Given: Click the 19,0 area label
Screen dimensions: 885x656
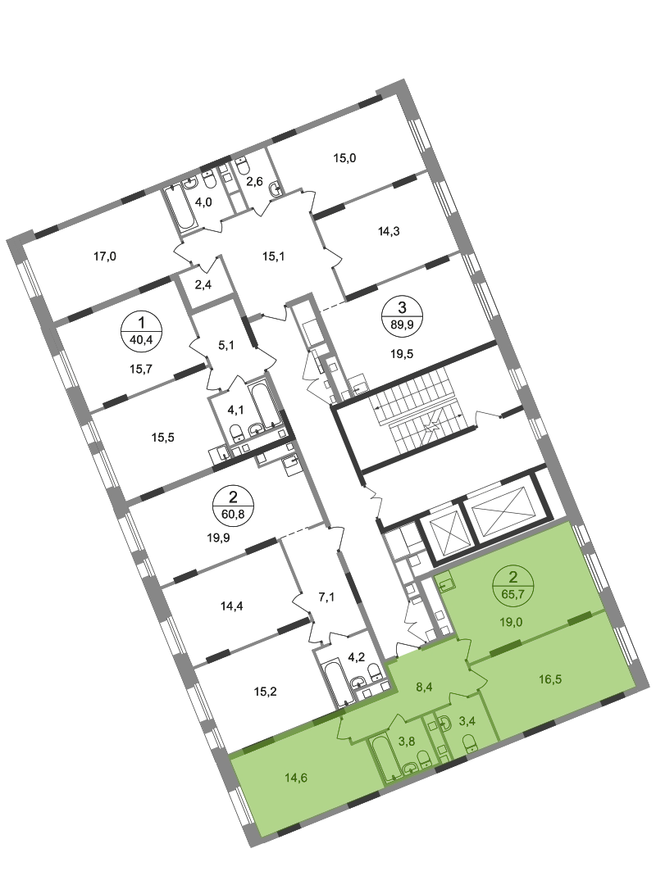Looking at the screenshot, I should tap(511, 622).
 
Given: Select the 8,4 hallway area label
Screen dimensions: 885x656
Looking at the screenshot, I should tap(424, 687).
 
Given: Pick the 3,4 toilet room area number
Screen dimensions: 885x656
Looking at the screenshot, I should tap(467, 721).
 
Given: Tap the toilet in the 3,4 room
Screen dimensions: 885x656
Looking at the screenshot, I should tap(469, 742).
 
